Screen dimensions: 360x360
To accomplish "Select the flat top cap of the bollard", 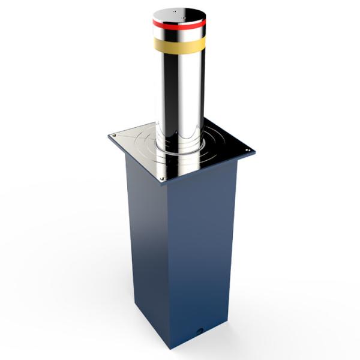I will coord(178,13).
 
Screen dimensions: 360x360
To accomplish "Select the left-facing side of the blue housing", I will coord(144,240).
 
